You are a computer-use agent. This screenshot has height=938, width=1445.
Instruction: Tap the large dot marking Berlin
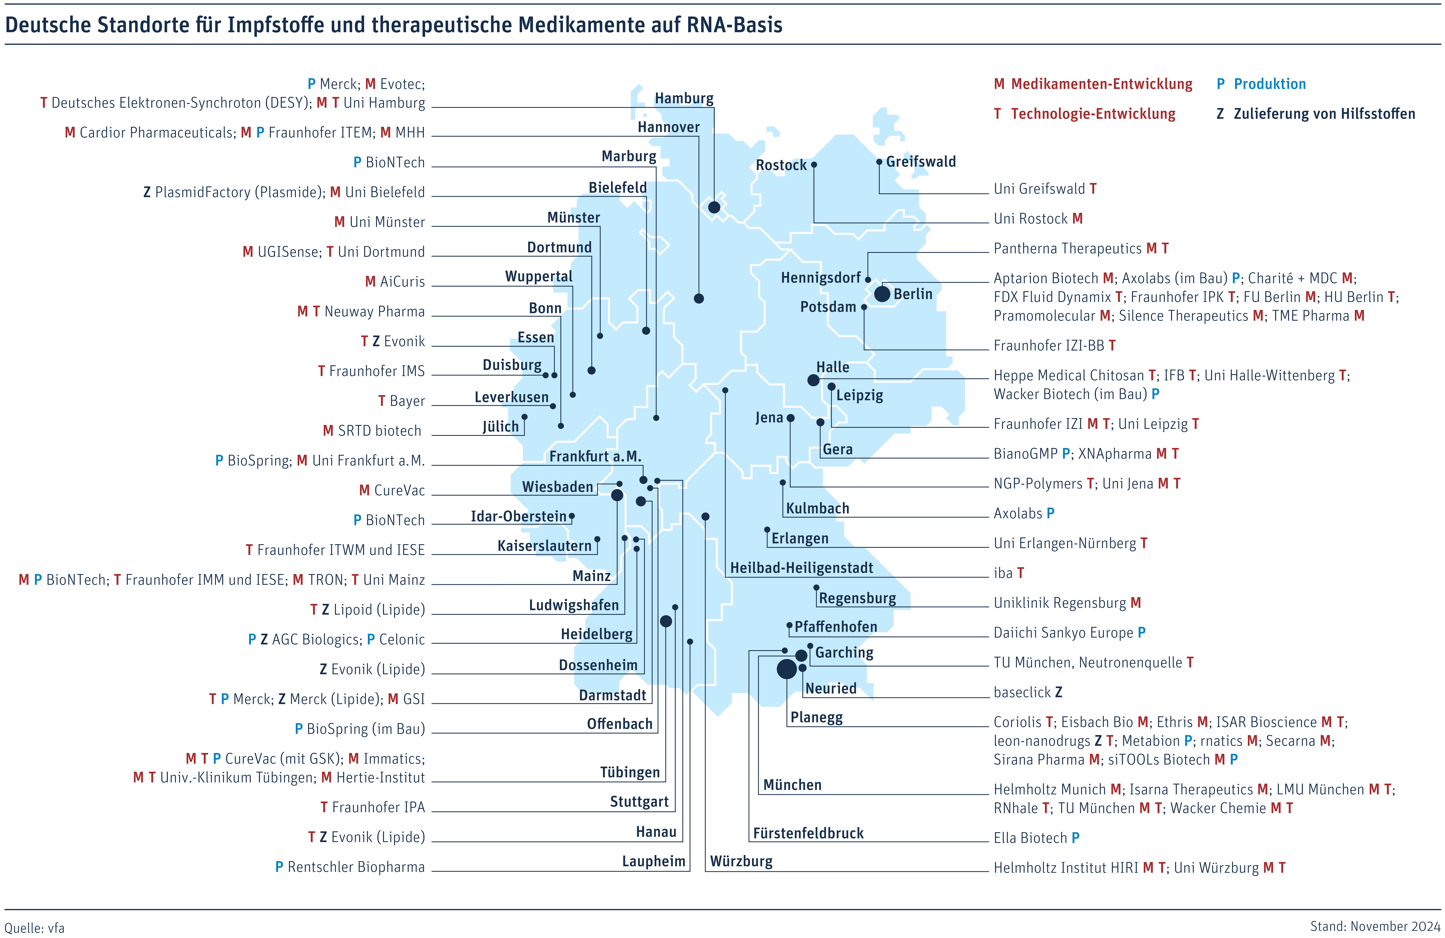point(882,294)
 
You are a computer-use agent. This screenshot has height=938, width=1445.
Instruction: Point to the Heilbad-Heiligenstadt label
point(801,568)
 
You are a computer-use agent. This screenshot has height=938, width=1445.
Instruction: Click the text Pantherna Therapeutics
point(1067,248)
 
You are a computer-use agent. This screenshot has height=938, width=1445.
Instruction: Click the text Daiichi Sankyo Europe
point(1063,633)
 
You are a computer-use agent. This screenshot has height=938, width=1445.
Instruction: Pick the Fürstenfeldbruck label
point(808,833)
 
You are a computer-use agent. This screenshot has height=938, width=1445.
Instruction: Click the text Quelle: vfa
point(35,928)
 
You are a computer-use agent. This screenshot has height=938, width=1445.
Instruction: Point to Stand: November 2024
point(1375,926)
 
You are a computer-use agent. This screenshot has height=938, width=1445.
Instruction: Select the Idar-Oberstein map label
point(518,516)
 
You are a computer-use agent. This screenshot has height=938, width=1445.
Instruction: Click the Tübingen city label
point(630,772)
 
